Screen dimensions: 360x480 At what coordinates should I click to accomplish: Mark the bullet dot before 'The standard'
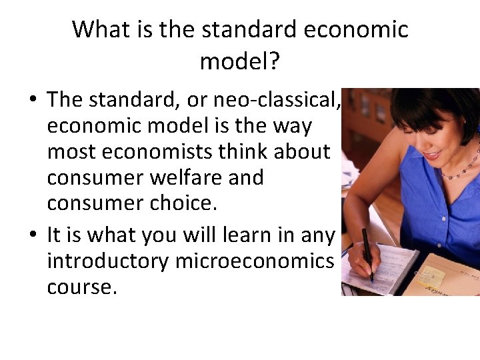pos(32,101)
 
